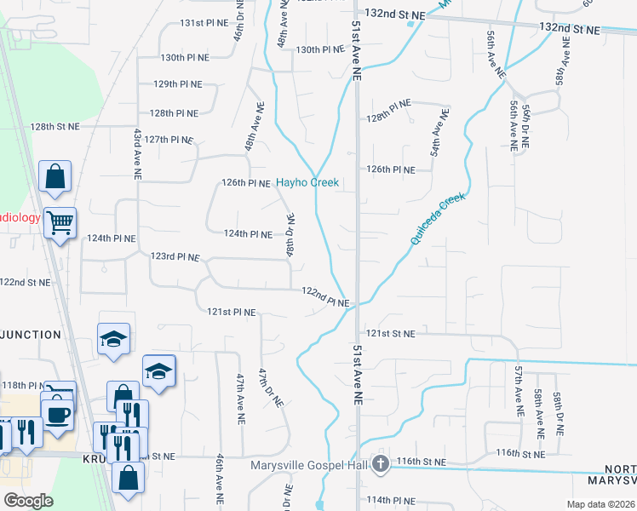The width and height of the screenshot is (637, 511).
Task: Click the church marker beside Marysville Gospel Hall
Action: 381,464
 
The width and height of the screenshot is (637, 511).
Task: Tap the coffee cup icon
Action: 57,415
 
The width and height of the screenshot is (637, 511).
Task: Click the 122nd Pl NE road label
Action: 326,297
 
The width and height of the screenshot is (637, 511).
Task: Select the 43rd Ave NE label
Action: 136,153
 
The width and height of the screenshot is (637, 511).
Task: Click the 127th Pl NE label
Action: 169,139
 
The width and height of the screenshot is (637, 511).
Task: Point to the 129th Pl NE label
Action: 177,84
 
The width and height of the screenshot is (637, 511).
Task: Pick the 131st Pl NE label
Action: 181,22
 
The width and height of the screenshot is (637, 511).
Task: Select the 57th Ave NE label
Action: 517,385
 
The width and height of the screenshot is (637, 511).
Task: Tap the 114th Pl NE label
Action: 390,500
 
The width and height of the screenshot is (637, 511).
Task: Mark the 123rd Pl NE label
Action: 175,256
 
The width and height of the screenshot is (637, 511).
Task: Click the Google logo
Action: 29,501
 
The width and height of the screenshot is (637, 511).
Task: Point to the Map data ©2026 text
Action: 600,504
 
